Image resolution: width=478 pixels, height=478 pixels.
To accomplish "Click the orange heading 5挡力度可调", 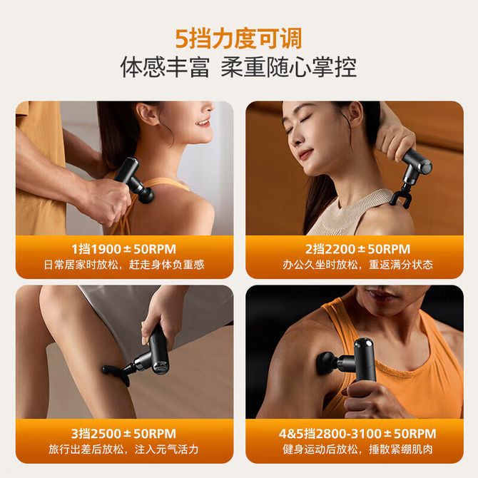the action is [x=239, y=39].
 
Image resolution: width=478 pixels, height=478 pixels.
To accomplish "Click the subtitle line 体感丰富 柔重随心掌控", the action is [x=239, y=67].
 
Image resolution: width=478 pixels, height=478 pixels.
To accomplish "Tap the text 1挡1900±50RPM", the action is [x=124, y=249].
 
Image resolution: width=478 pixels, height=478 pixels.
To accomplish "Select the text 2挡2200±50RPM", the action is [x=358, y=249].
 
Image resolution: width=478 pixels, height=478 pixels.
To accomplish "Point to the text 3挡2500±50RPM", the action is [x=123, y=434].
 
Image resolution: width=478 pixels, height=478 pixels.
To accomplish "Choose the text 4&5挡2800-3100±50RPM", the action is [x=357, y=434].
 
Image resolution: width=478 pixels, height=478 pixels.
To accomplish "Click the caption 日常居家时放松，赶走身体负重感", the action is [x=124, y=265].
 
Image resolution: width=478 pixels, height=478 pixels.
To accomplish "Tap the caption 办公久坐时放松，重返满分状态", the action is [x=358, y=265].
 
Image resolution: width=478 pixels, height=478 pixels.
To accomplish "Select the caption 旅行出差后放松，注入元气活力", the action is [x=123, y=449].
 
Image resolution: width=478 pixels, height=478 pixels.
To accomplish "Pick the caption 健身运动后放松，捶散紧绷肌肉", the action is [x=358, y=449].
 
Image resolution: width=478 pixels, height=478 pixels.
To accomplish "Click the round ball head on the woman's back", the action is [x=146, y=195].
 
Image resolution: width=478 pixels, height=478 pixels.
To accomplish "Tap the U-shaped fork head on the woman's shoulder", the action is [x=402, y=198].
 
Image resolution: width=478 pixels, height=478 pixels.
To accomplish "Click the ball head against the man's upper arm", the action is [x=327, y=362].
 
